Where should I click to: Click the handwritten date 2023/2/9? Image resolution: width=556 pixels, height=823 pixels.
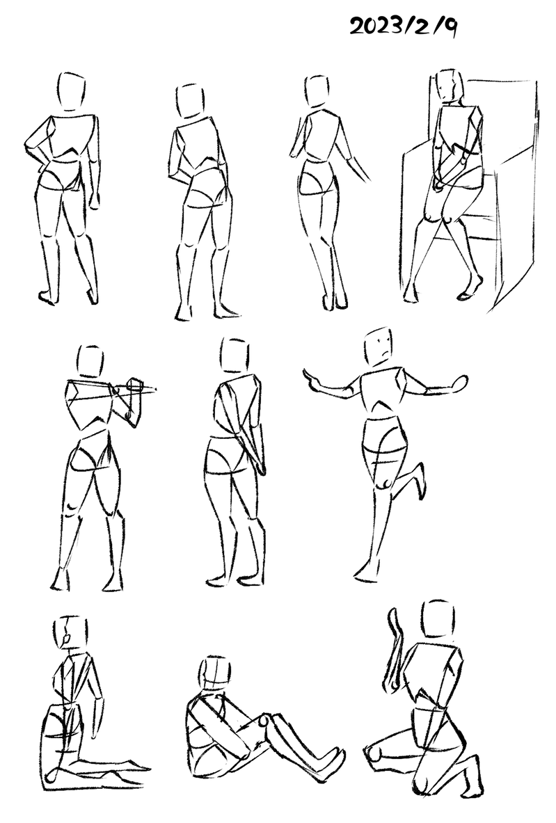pos(403,26)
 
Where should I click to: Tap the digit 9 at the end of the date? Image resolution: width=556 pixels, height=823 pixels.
pos(450,27)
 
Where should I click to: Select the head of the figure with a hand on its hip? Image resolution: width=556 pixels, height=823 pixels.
pos(72,91)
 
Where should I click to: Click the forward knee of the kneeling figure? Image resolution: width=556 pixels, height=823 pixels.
pos(375,753)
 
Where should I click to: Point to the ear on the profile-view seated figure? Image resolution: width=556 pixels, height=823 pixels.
pos(65,639)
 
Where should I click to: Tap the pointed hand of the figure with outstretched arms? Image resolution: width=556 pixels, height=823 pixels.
pos(311,378)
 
